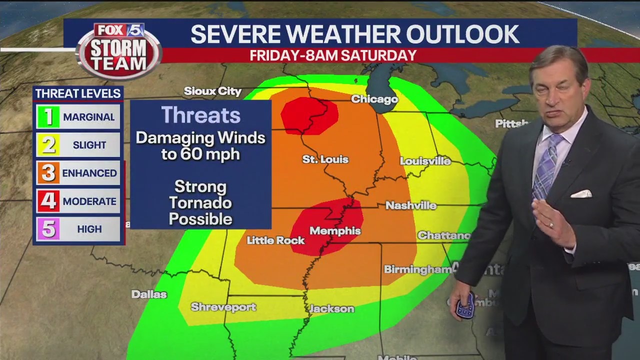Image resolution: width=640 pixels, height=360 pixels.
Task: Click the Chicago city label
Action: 374,99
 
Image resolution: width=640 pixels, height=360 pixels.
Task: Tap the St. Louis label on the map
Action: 325,159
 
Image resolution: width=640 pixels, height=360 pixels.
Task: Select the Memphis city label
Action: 335,231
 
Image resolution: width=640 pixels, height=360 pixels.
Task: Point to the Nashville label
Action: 410,205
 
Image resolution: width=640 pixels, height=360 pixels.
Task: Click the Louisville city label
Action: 425,161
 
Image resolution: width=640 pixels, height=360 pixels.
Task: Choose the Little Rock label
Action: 275,240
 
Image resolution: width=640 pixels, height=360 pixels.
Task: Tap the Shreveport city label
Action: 223,307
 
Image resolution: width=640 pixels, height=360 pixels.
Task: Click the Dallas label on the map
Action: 149,294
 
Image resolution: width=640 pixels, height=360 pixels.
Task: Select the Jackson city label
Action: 332,309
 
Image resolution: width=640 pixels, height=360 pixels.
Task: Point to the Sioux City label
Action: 212,91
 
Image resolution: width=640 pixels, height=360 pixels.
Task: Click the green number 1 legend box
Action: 48,117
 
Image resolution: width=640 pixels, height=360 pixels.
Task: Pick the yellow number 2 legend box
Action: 48,145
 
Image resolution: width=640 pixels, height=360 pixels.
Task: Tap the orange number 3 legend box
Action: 48,173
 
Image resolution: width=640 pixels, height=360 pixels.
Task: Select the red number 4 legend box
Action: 48,201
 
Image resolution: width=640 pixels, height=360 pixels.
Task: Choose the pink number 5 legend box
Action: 48,229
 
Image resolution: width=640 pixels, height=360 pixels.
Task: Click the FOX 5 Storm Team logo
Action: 119,50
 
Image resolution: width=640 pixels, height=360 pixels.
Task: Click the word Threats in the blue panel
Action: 200,115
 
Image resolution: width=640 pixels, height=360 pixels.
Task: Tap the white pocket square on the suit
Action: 581,193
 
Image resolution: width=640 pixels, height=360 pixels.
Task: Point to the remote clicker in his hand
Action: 465,306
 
